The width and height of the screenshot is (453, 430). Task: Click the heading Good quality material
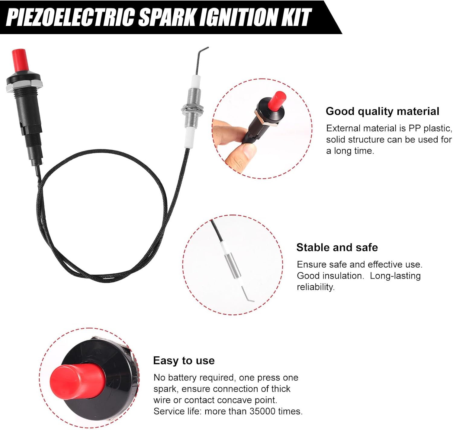click(x=382, y=111)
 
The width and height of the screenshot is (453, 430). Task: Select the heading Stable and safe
click(x=337, y=247)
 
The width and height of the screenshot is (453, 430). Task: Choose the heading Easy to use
click(x=184, y=361)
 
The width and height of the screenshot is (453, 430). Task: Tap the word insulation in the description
click(x=343, y=276)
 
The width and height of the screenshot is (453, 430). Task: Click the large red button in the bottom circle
click(x=77, y=382)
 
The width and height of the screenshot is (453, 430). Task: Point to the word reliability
click(x=315, y=287)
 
